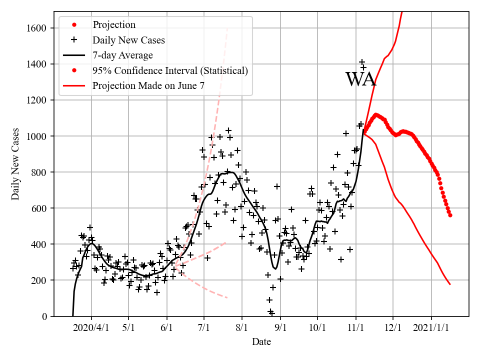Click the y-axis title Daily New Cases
coord(15,164)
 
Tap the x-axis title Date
coord(261,342)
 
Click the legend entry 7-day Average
coord(122,55)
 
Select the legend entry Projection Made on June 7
coord(148,86)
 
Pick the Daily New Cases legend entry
coord(128,40)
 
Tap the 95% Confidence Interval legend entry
coord(170,70)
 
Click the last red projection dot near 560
coord(450,215)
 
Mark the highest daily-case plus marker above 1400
coord(361,62)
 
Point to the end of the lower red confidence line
coord(450,284)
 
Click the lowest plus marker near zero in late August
coord(272,313)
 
